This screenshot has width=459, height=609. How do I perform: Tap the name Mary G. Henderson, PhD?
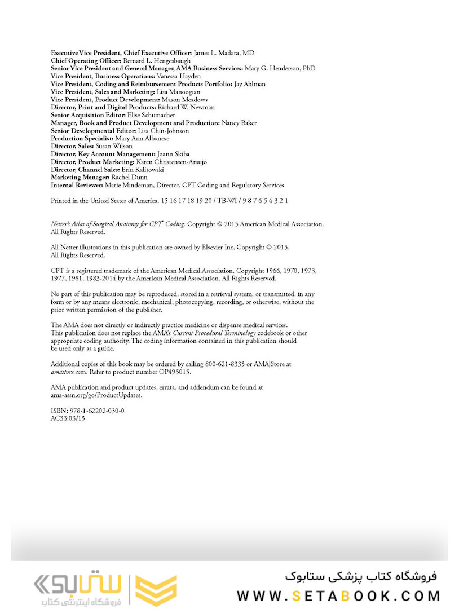[280, 68]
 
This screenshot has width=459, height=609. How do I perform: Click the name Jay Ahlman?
[250, 84]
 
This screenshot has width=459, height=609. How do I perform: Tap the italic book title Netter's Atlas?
[118, 224]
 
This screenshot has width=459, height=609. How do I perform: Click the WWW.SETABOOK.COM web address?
[338, 595]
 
